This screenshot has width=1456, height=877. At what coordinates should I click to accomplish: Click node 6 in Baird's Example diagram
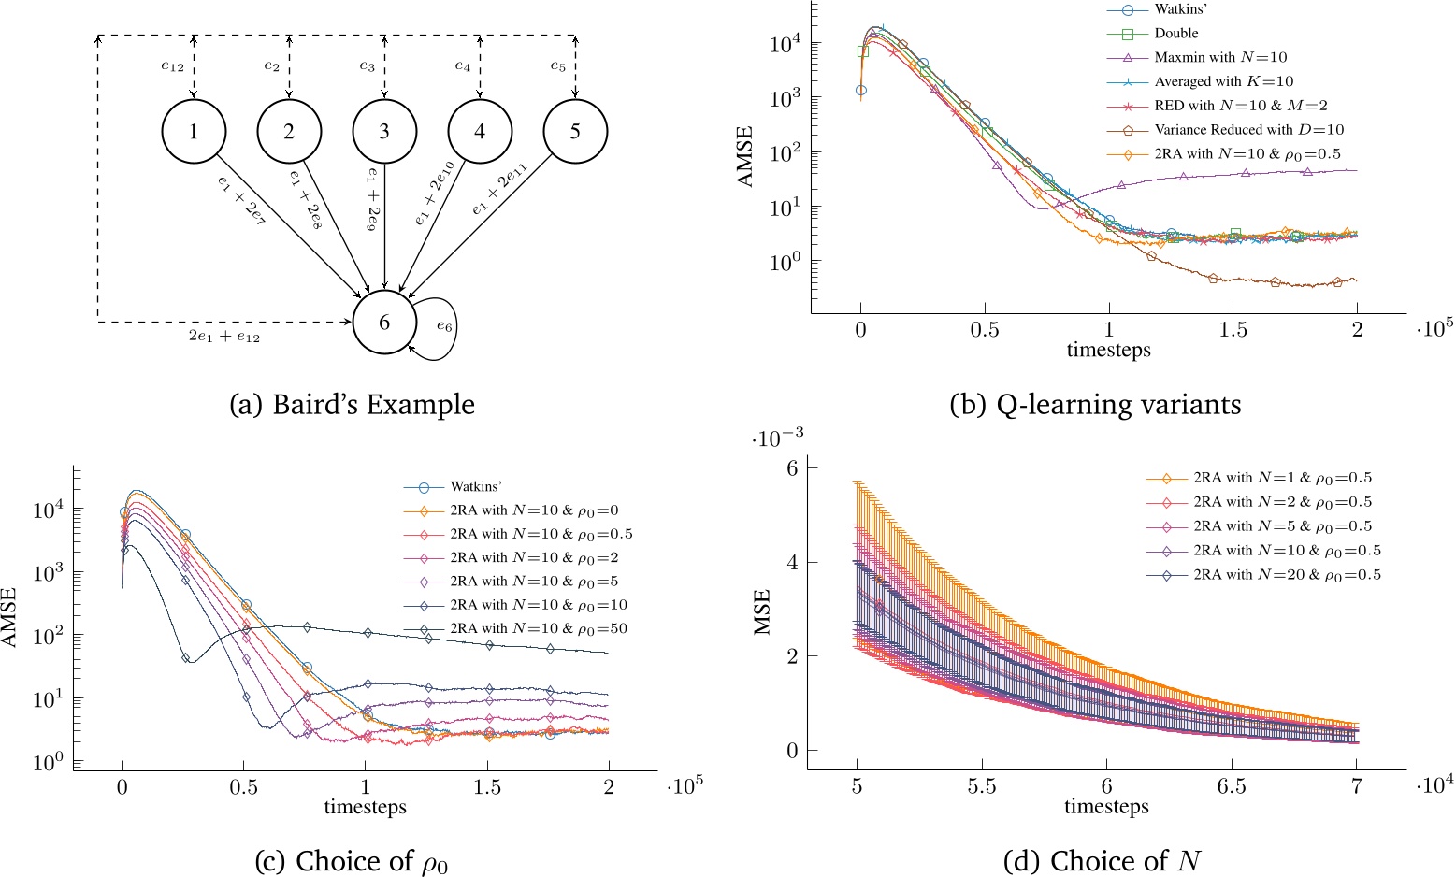click(383, 323)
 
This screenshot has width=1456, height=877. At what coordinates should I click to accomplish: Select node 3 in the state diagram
click(383, 132)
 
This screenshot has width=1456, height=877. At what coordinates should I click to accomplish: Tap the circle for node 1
click(194, 132)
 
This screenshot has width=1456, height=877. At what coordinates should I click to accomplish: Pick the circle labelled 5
click(574, 132)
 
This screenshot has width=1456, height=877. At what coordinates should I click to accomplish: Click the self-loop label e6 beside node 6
click(443, 327)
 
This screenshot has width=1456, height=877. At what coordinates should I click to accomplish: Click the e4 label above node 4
click(463, 66)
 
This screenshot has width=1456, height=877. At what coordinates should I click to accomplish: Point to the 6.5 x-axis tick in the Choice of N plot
click(1232, 787)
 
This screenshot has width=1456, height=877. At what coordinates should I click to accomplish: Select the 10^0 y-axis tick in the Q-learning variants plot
click(784, 262)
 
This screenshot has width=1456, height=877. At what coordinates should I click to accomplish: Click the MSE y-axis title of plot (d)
click(763, 611)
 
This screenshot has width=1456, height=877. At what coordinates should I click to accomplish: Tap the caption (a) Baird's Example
click(353, 405)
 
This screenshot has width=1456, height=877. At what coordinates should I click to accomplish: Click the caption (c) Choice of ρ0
click(352, 860)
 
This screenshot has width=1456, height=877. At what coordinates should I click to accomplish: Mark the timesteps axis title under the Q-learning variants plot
click(1108, 351)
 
